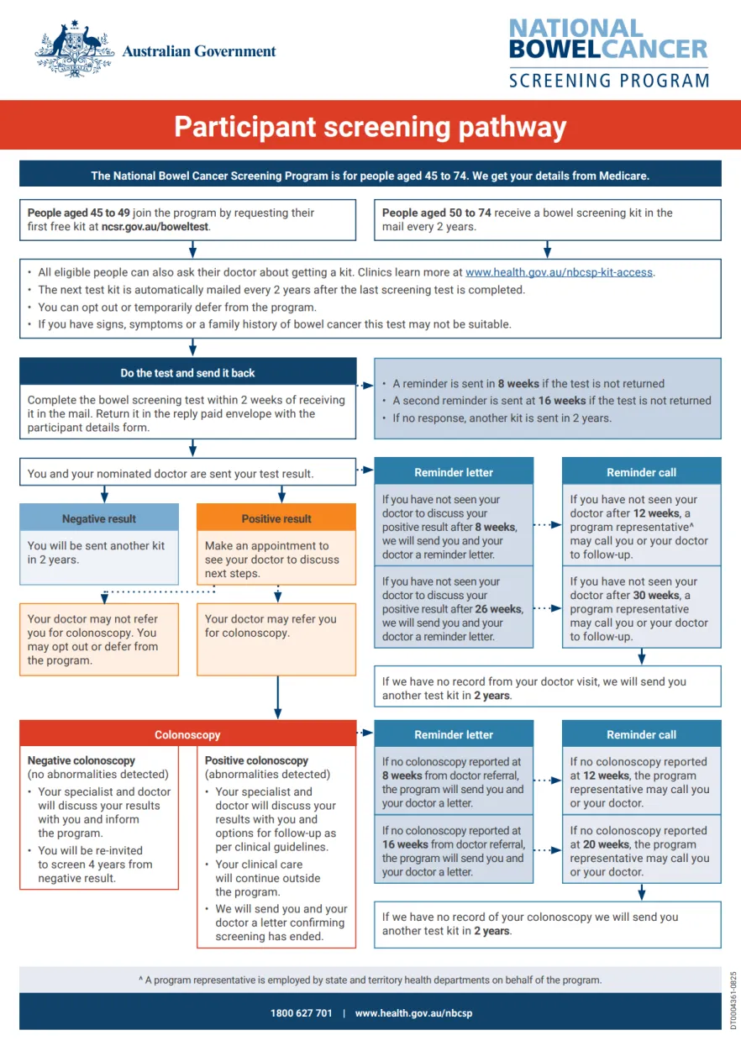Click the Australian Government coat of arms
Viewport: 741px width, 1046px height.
point(74,50)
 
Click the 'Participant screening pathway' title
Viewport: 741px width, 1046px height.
point(370,127)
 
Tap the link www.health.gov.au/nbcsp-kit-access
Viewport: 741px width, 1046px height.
point(560,272)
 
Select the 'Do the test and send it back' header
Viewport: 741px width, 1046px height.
point(187,373)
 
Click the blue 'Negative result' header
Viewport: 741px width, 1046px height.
point(99,518)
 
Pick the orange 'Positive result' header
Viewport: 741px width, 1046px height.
point(276,518)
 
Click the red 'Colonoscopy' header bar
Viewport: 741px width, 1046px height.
point(187,735)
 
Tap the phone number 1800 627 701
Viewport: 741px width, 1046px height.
point(302,1013)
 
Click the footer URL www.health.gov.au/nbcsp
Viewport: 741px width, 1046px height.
point(413,1013)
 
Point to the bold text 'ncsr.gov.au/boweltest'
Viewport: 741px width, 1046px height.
point(155,227)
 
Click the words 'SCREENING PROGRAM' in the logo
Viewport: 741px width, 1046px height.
point(609,81)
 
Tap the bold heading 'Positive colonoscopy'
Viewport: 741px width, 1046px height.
point(256,760)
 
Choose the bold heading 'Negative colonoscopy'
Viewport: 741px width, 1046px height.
point(81,760)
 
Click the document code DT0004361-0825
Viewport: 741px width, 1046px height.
point(733,1000)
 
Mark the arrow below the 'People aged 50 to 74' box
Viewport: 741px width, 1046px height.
point(548,250)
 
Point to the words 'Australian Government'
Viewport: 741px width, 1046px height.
point(199,51)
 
